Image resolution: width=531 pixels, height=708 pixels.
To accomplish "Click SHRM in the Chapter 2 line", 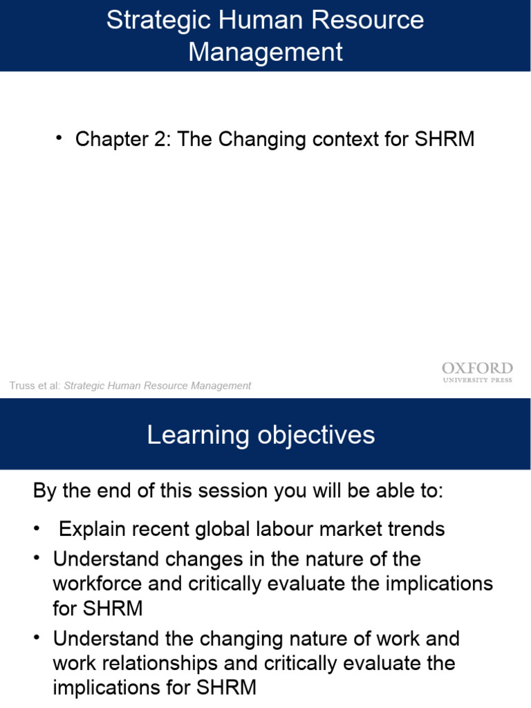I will [445, 140].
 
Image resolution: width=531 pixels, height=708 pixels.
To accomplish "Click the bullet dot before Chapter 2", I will [60, 138].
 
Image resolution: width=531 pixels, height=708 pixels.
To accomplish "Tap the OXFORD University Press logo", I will [477, 373].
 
